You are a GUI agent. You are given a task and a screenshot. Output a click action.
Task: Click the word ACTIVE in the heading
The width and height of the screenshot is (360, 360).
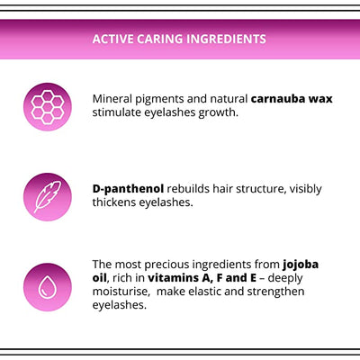coord(114,40)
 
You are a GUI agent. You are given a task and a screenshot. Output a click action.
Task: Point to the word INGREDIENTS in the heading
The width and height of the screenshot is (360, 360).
coord(225,40)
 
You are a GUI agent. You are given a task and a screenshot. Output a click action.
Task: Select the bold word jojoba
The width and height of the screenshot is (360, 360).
coord(300,265)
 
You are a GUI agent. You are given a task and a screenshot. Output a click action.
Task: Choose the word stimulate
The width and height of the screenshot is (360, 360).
coord(121,112)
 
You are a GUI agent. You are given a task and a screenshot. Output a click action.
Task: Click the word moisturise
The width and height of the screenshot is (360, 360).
coord(125,292)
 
